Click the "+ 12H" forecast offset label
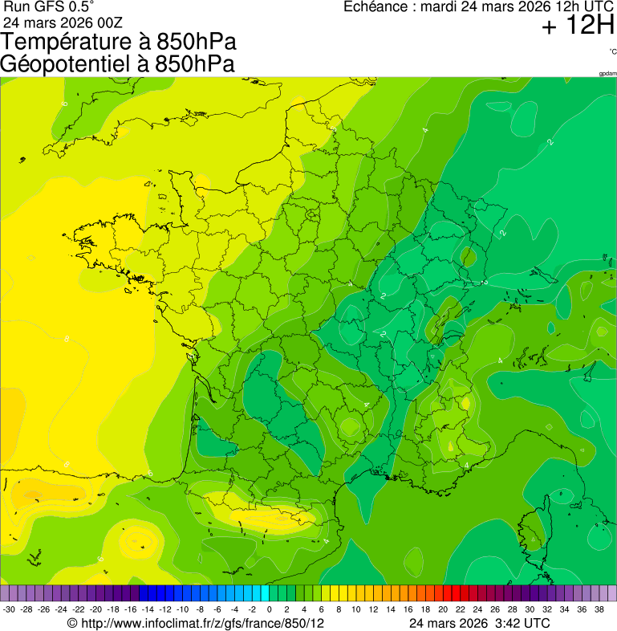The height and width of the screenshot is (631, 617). pos(578,26)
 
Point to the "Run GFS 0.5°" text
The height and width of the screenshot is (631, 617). pos(48,7)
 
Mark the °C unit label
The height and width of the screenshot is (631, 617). pos(612,51)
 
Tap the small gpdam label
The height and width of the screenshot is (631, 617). pos(607,74)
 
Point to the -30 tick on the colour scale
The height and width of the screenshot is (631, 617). pos(10,609)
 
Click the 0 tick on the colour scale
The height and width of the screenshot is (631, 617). pos(269,609)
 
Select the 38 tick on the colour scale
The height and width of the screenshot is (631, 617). pos(599,609)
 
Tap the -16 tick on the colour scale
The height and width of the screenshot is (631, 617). pos(131,609)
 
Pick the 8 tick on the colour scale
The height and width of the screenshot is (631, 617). pos(339,609)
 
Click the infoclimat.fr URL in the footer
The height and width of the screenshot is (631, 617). pos(201,623)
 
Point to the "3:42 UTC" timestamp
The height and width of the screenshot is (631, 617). pos(522,623)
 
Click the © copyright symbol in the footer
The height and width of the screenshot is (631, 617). pos(72,623)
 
